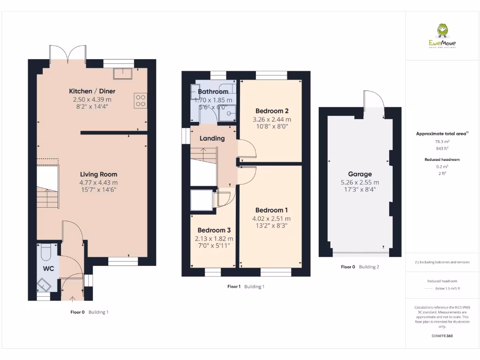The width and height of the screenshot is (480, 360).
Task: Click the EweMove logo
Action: (x=442, y=36)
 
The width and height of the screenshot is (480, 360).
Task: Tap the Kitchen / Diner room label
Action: (x=92, y=91)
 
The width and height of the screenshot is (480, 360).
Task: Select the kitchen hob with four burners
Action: (x=140, y=100)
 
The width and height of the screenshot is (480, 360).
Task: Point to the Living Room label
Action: (x=98, y=174)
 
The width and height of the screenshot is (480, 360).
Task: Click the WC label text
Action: (x=49, y=269)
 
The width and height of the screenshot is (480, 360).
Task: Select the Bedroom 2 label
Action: (x=272, y=111)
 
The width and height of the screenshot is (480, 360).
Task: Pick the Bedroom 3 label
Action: (x=214, y=230)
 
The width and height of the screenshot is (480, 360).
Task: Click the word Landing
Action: (x=212, y=138)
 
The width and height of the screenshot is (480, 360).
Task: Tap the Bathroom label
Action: (x=213, y=91)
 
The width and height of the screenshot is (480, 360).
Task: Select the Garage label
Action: (x=360, y=174)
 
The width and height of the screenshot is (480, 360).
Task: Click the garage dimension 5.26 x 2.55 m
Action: (x=360, y=182)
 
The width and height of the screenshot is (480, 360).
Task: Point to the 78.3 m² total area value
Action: (x=442, y=141)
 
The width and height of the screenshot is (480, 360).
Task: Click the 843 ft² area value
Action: (x=442, y=149)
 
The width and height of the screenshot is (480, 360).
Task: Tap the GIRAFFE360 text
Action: (x=442, y=336)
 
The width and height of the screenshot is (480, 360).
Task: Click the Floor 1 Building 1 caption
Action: (x=246, y=286)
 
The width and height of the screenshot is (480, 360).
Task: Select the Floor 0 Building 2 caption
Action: (x=360, y=267)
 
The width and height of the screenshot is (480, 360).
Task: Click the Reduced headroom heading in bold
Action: (x=442, y=159)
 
